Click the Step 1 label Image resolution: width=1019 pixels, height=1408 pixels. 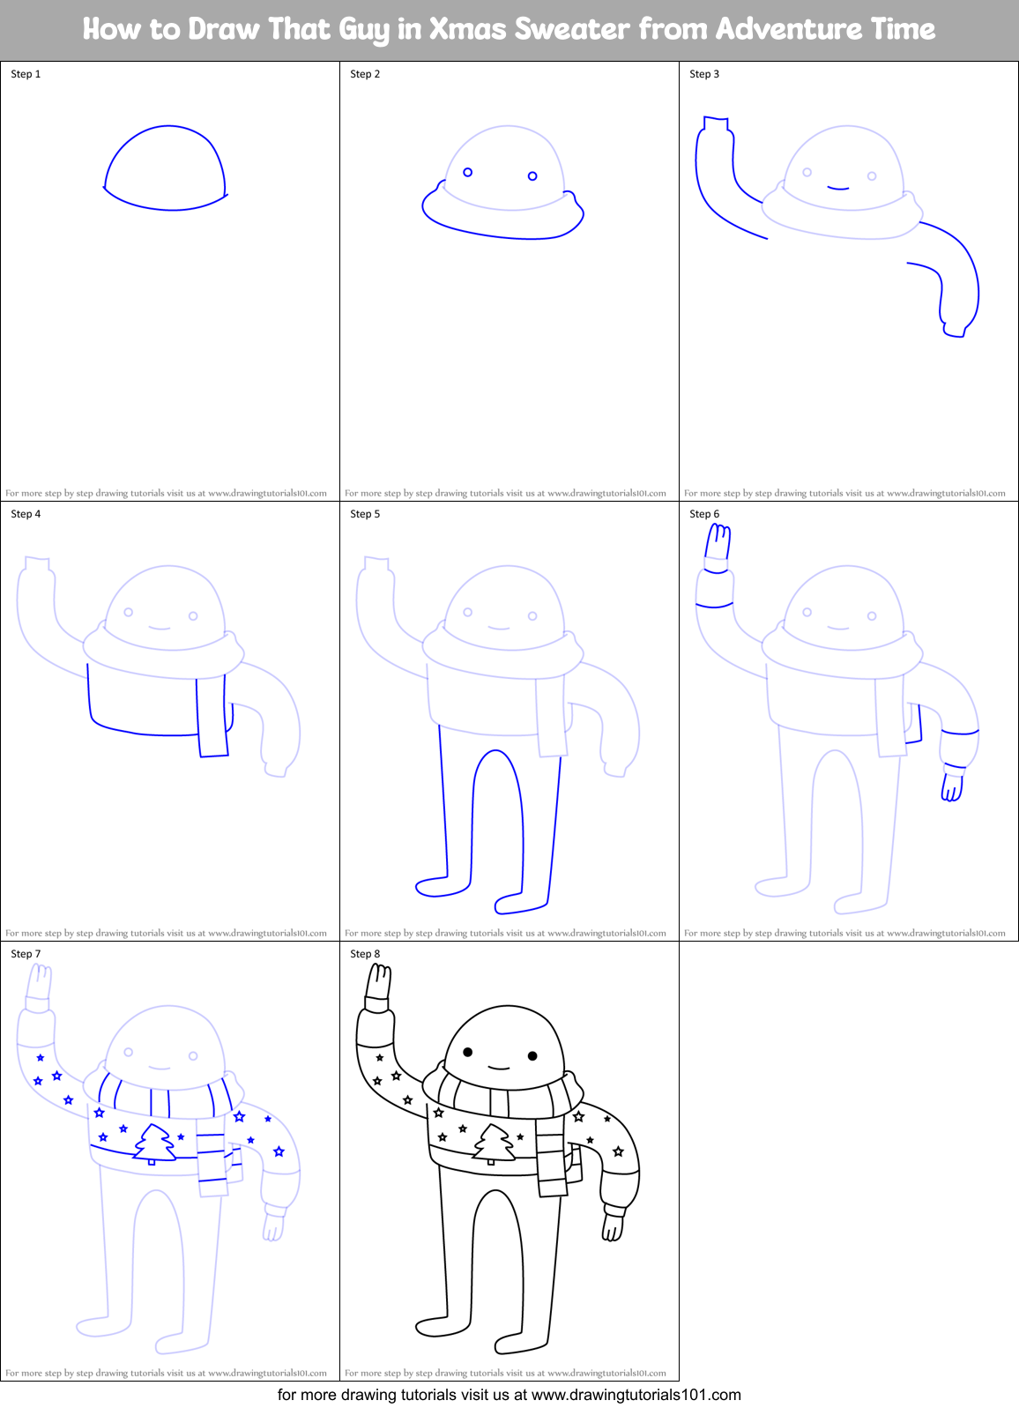point(26,74)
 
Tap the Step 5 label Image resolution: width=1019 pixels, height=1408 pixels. point(365,514)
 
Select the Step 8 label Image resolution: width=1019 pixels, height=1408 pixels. point(365,954)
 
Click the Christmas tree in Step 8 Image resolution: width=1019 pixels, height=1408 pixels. point(494,1144)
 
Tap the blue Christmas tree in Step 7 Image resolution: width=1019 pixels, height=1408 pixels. point(154,1144)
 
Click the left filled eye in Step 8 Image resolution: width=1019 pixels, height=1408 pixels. point(468,1052)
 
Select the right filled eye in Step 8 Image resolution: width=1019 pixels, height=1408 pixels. point(532,1055)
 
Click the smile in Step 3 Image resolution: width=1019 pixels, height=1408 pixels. point(838,188)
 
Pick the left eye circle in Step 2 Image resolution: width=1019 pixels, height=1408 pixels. point(468,172)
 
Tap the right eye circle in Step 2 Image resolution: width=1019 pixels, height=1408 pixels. point(532,176)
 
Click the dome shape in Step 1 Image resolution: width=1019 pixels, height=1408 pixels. point(165,169)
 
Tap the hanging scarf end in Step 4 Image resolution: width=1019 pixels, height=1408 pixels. point(212,718)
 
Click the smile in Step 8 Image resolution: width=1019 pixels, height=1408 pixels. point(499,1069)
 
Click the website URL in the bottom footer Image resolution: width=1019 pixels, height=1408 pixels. point(636,1395)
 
